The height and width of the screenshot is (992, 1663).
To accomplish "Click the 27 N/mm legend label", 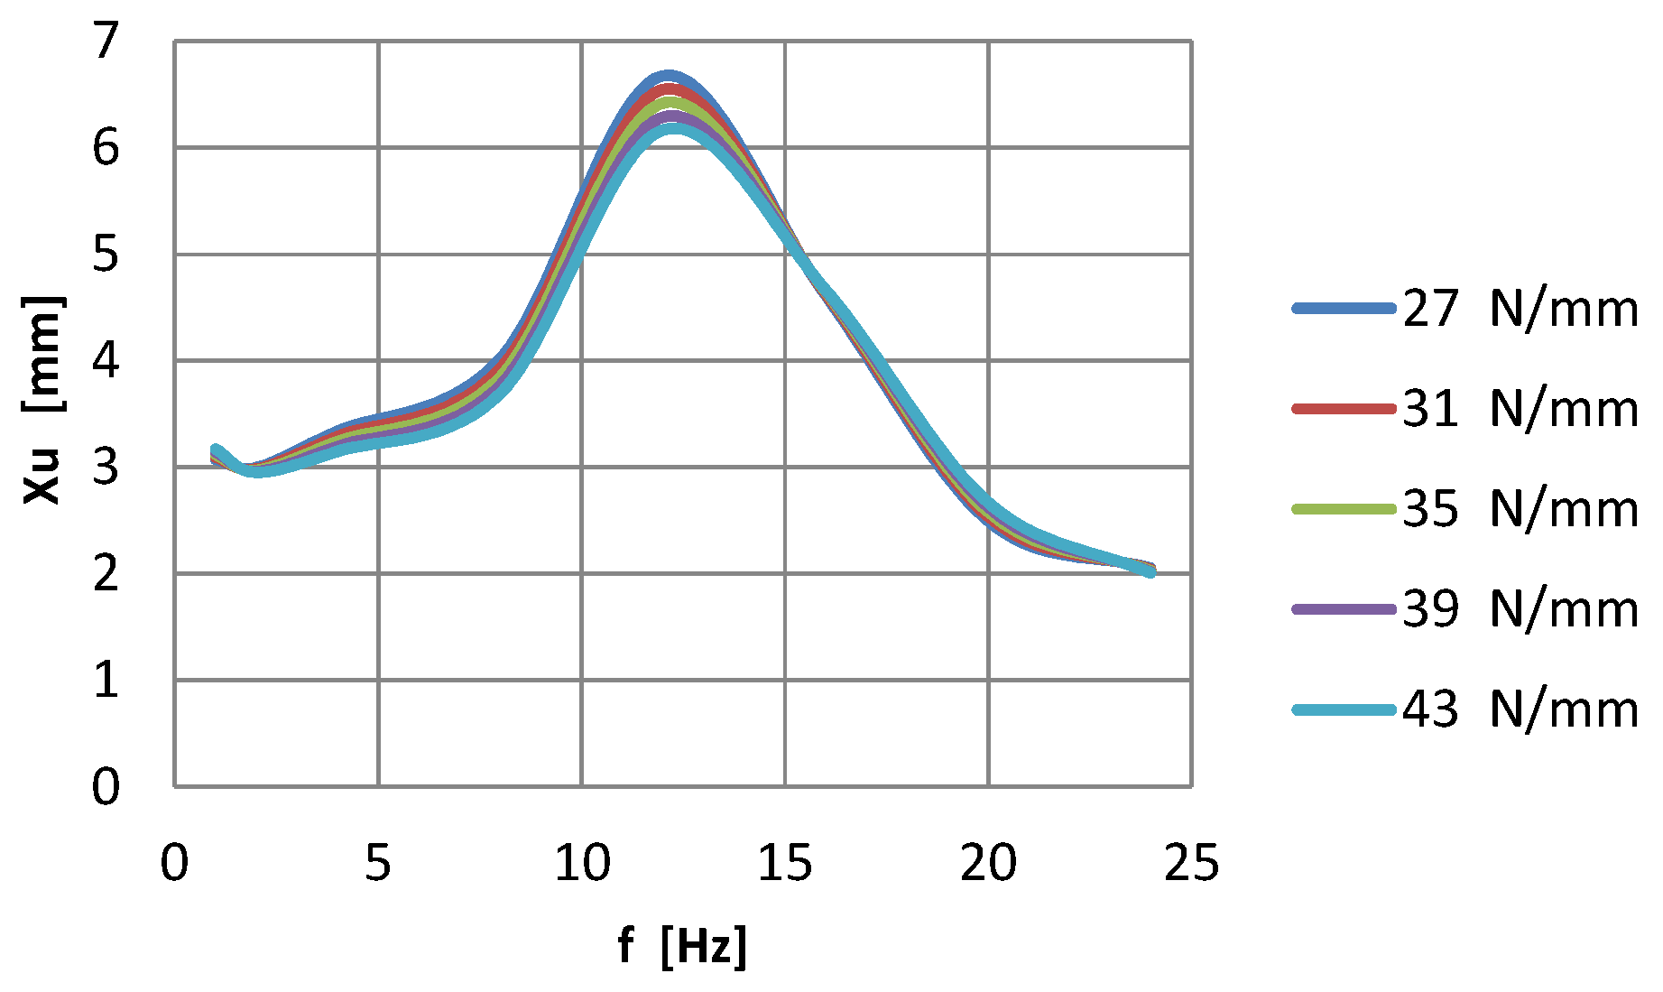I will coord(1520,309).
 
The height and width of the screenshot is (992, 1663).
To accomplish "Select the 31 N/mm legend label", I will coord(1520,409).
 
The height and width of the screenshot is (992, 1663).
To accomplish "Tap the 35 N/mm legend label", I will coord(1520,509).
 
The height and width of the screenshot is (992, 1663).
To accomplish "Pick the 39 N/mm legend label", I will coord(1520,609).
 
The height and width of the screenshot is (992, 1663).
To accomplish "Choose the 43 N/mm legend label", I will coord(1520,709).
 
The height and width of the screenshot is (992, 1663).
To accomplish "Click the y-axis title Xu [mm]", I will coord(42,400).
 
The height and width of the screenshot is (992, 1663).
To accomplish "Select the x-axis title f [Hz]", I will coord(682,946).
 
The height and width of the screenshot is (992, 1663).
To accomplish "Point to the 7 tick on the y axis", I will coord(106,42).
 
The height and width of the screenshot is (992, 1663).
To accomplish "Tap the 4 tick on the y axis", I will coord(106,361).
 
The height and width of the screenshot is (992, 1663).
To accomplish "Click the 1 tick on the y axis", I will coord(106,680).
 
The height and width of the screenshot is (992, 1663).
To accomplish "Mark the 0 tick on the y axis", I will coord(106,786).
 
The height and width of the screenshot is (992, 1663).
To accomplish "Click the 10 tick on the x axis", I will coord(582,863).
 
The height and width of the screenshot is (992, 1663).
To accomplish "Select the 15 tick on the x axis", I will coord(785,863).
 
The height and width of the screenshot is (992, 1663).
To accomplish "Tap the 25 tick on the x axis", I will coord(1192,863).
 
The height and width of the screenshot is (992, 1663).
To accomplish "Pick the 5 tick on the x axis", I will coord(378,863).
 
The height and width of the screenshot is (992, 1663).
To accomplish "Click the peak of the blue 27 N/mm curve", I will coord(668,77).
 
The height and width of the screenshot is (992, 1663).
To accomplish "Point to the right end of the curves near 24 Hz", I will coord(1150,570).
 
